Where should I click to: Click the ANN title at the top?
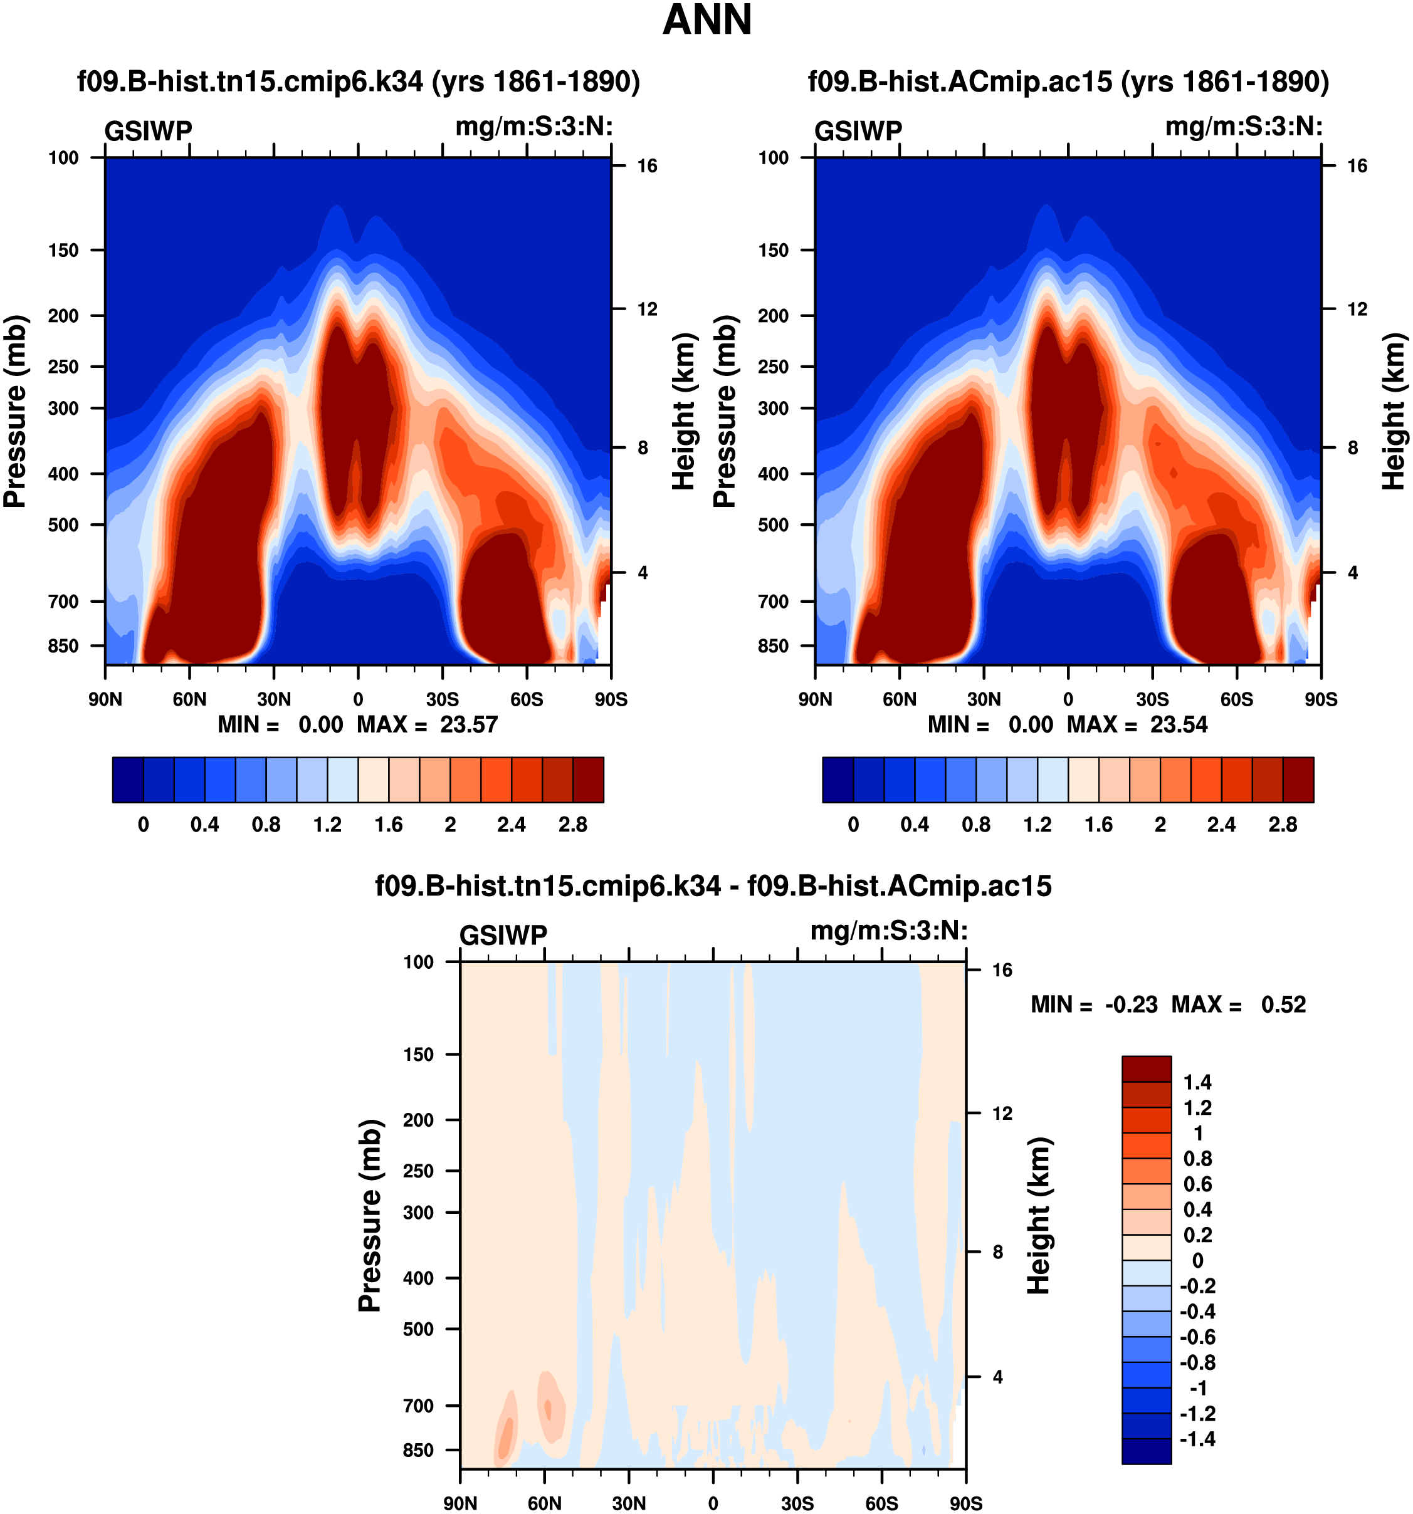point(707,21)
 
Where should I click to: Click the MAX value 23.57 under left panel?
point(468,724)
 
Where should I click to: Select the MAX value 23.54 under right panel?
point(1179,724)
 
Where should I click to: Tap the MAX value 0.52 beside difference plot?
point(1283,1005)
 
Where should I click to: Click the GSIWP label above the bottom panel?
point(503,935)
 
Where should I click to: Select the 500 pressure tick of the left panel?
point(63,525)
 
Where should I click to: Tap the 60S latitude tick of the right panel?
point(1236,699)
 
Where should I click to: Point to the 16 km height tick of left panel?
point(647,166)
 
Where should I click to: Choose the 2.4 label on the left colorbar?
point(511,825)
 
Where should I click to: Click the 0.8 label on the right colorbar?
point(976,825)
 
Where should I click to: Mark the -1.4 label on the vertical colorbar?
point(1197,1439)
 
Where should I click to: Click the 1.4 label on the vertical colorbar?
point(1197,1082)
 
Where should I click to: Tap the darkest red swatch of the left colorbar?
point(588,780)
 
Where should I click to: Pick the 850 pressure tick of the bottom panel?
point(418,1450)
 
